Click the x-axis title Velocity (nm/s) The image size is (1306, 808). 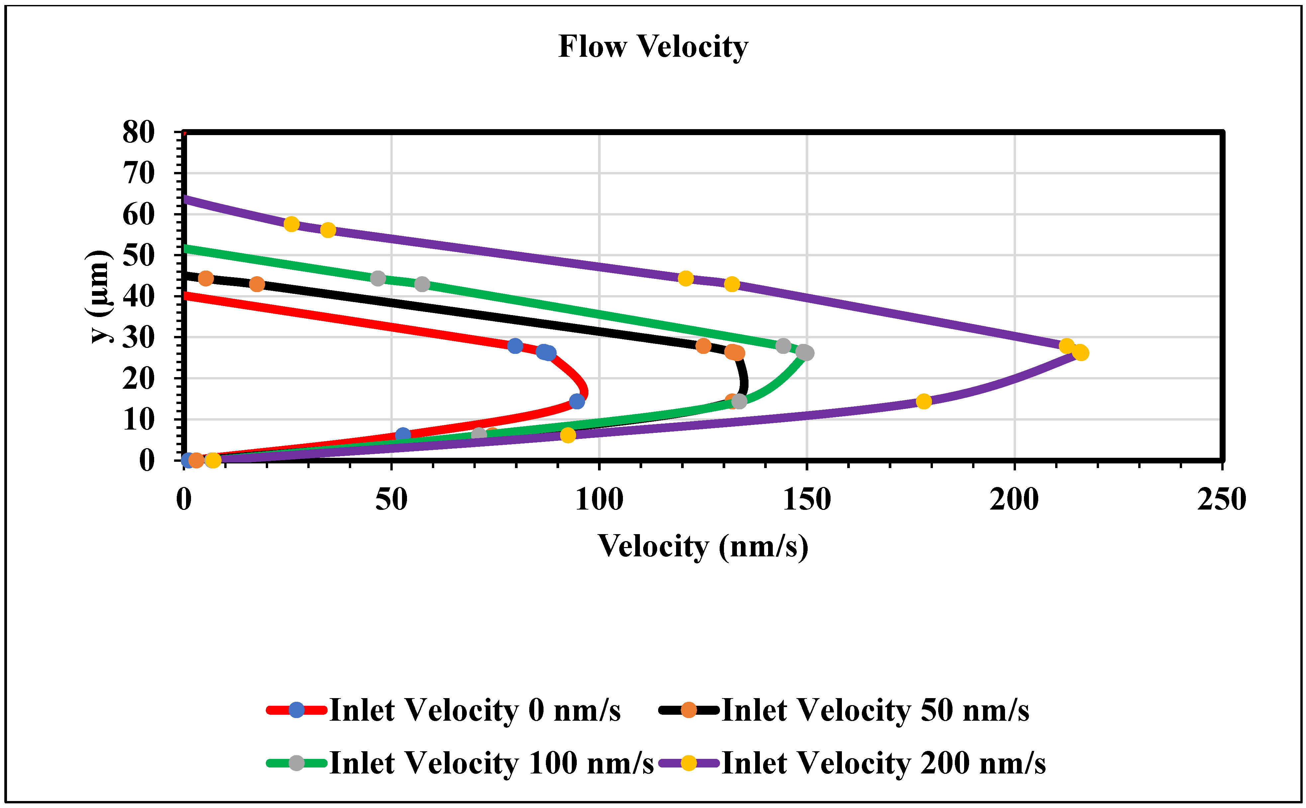703,547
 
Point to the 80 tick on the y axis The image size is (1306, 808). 139,132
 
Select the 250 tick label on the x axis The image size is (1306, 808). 1222,500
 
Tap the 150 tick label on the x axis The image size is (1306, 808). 806,500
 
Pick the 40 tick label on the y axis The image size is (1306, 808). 139,296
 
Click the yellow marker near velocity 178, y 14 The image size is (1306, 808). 924,401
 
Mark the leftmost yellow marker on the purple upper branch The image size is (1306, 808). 291,224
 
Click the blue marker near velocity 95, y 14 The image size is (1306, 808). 576,401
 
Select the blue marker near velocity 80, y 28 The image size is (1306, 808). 515,346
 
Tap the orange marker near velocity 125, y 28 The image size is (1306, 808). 703,346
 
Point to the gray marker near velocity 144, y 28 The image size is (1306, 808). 783,346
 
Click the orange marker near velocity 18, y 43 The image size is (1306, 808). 257,284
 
